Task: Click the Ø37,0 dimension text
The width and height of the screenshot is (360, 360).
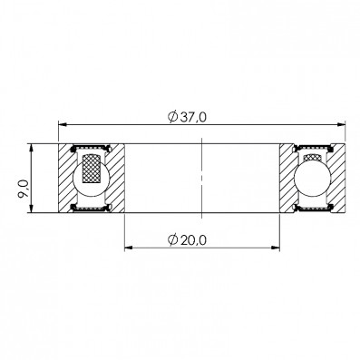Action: (187, 117)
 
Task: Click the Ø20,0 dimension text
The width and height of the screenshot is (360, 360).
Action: (187, 240)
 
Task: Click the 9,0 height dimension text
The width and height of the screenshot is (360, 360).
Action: (24, 189)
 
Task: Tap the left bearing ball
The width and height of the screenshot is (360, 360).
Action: (91, 178)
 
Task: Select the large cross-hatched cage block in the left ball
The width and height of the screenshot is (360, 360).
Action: (92, 169)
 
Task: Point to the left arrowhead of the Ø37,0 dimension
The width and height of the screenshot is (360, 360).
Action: (62, 124)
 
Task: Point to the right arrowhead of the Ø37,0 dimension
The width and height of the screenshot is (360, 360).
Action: (341, 124)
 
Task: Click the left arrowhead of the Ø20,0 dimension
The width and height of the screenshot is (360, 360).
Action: (129, 248)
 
